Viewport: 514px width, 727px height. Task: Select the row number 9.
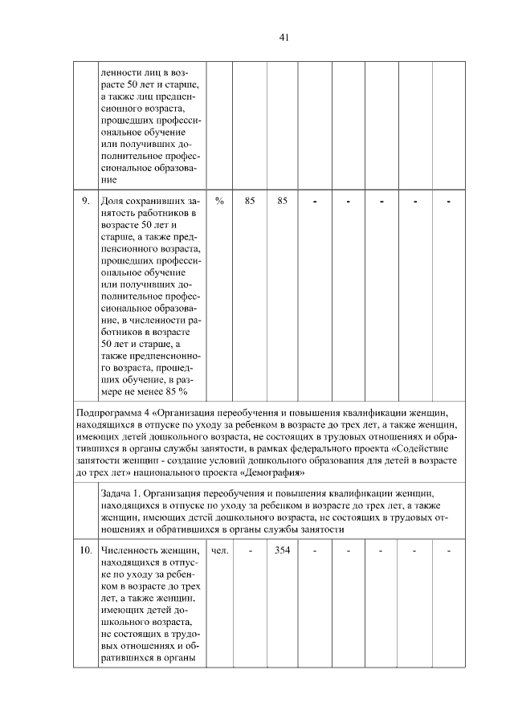pyautogui.click(x=84, y=201)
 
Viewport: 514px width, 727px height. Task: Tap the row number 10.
pyautogui.click(x=84, y=550)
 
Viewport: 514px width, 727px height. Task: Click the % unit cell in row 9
pyautogui.click(x=219, y=201)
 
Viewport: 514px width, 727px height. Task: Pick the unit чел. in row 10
pyautogui.click(x=219, y=550)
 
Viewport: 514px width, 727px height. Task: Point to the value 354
pyautogui.click(x=282, y=550)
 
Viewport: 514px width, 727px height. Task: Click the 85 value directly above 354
pyautogui.click(x=282, y=201)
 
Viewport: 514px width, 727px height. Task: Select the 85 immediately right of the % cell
pyautogui.click(x=250, y=201)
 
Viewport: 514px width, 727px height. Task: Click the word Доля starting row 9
pyautogui.click(x=112, y=201)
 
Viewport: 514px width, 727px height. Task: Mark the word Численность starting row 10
pyautogui.click(x=130, y=550)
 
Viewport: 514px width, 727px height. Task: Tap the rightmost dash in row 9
pyautogui.click(x=449, y=201)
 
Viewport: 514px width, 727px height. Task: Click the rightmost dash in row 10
pyautogui.click(x=449, y=550)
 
